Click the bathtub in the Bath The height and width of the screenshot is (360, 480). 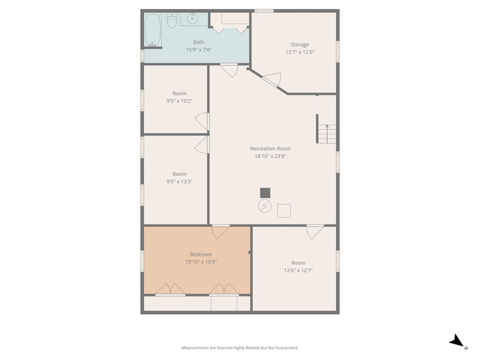(x=152, y=30)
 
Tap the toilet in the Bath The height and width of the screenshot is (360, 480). (x=171, y=21)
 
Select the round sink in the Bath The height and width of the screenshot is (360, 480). (x=192, y=19)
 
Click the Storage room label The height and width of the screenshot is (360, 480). (x=300, y=45)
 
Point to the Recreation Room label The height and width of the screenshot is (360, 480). (x=270, y=149)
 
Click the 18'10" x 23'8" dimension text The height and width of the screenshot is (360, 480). (x=270, y=156)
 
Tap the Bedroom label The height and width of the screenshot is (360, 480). (x=201, y=254)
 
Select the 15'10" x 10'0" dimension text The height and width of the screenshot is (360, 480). (x=201, y=262)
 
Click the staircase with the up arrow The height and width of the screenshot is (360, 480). (x=327, y=134)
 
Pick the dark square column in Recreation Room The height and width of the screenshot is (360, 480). (x=265, y=193)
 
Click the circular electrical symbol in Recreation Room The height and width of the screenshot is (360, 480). (x=265, y=206)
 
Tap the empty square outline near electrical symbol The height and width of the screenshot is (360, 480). (x=284, y=211)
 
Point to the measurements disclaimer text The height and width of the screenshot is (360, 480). (x=240, y=348)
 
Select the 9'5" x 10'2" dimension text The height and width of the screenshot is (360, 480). (x=180, y=101)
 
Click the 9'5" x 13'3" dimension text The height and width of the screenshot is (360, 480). (x=180, y=182)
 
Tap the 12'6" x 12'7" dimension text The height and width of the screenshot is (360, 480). (x=298, y=270)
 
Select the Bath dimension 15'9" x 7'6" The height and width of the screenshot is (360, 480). (x=199, y=49)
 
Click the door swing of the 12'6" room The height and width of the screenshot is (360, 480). (x=315, y=232)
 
